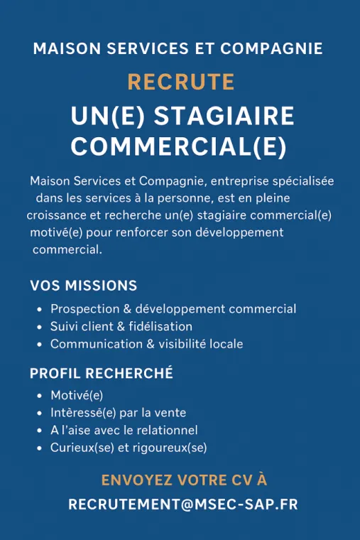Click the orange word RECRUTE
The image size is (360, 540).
180,82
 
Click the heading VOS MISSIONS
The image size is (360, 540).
84,286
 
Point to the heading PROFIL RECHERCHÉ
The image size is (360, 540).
102,373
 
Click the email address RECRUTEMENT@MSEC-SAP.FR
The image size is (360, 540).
182,504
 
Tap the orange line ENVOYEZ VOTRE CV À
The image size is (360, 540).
184,480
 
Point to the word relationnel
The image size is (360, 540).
168,430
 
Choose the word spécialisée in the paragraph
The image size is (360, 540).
304,181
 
